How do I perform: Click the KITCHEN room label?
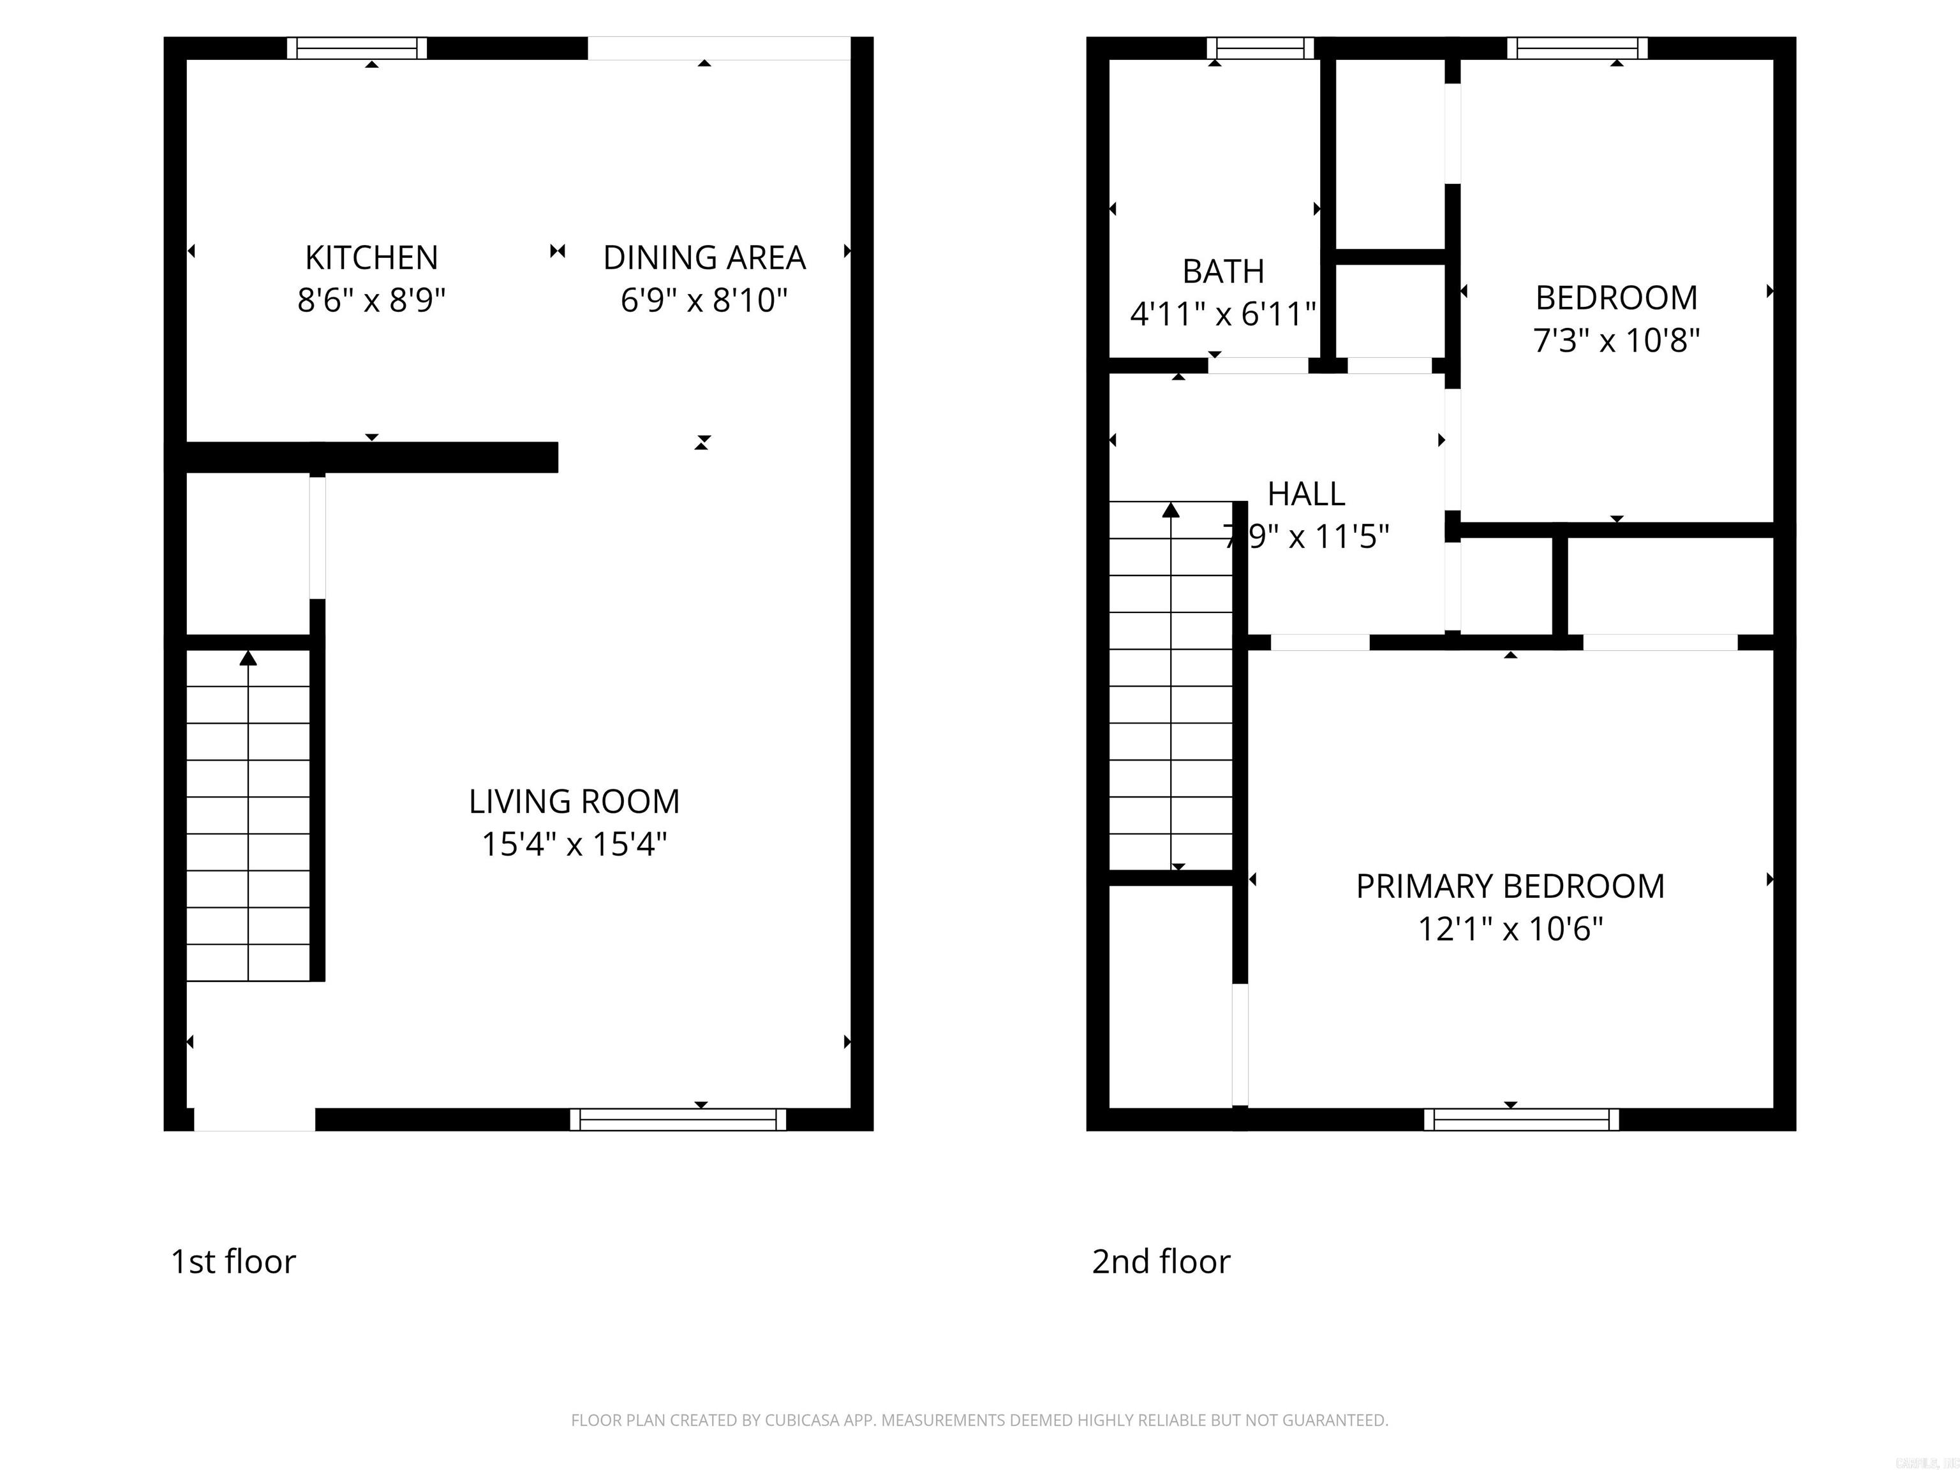(371, 258)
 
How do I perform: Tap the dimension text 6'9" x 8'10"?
(704, 301)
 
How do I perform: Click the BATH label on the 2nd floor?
(1223, 271)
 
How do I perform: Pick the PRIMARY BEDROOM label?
(1510, 886)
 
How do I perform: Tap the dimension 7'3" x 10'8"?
(1616, 340)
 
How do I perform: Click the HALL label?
(1306, 494)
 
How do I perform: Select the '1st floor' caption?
(233, 1262)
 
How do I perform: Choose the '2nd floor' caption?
(1161, 1262)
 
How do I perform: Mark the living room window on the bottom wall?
(678, 1119)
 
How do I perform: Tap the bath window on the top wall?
(1260, 48)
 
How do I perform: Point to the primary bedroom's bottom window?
(1522, 1119)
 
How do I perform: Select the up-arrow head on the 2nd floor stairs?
(1171, 510)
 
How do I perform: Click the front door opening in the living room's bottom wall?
(255, 1119)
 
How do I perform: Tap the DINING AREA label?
(704, 258)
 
